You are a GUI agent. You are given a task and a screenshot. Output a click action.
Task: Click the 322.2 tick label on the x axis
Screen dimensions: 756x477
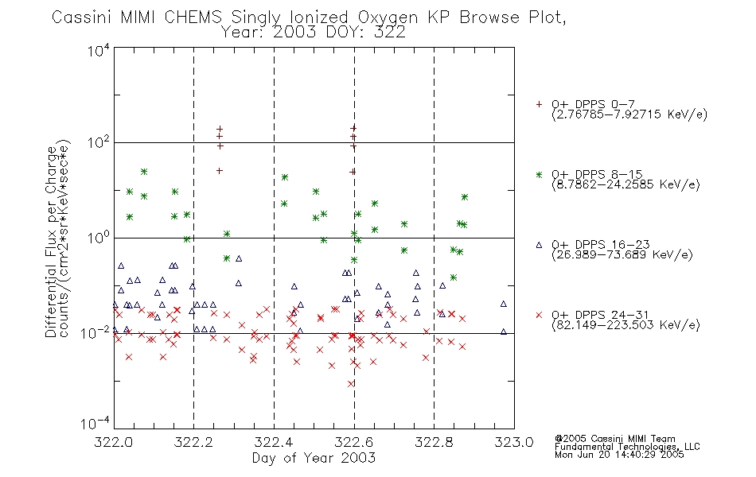click(193, 442)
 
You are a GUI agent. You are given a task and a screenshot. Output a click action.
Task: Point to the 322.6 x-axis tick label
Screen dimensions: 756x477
click(354, 442)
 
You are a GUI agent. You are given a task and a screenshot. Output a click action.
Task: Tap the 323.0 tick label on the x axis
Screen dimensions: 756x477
click(514, 442)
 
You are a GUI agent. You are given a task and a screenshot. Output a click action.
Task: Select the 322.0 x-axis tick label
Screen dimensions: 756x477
click(113, 442)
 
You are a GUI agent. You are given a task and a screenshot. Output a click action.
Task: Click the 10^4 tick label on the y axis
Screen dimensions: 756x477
click(99, 50)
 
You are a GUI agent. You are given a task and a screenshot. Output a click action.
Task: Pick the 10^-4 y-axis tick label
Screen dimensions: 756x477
click(95, 423)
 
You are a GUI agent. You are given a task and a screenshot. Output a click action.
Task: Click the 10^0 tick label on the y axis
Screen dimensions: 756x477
click(99, 237)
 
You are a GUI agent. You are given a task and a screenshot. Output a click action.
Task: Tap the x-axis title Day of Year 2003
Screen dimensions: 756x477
click(314, 458)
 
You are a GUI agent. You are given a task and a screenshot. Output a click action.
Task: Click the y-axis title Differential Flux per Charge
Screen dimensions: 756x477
click(51, 242)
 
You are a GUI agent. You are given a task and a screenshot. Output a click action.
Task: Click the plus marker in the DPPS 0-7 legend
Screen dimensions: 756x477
click(539, 104)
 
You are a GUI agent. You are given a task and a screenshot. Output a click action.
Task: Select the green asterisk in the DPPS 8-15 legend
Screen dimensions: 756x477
click(539, 175)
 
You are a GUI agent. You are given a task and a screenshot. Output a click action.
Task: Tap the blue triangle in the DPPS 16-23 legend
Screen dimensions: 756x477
click(539, 245)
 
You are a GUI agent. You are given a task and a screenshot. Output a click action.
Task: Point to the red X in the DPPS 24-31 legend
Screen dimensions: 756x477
click(539, 315)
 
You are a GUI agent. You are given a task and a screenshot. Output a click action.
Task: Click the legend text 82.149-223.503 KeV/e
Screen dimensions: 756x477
click(625, 325)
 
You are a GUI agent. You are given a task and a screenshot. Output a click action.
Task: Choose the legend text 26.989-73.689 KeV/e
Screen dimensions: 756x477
click(622, 255)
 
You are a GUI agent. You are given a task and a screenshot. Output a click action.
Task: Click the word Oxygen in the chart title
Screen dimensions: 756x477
click(388, 17)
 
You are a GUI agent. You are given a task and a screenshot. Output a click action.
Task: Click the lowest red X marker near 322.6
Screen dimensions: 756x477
click(351, 383)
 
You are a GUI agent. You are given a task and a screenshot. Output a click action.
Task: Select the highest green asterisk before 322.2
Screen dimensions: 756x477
click(144, 172)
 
